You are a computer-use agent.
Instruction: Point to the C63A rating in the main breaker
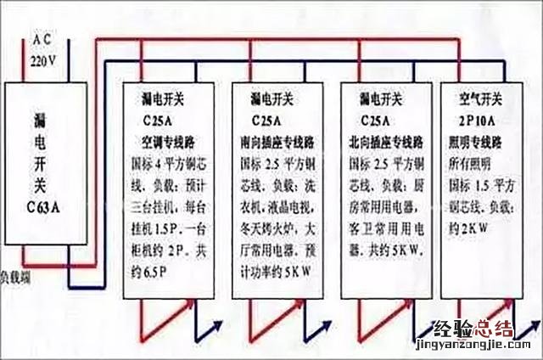pyautogui.click(x=45, y=206)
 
